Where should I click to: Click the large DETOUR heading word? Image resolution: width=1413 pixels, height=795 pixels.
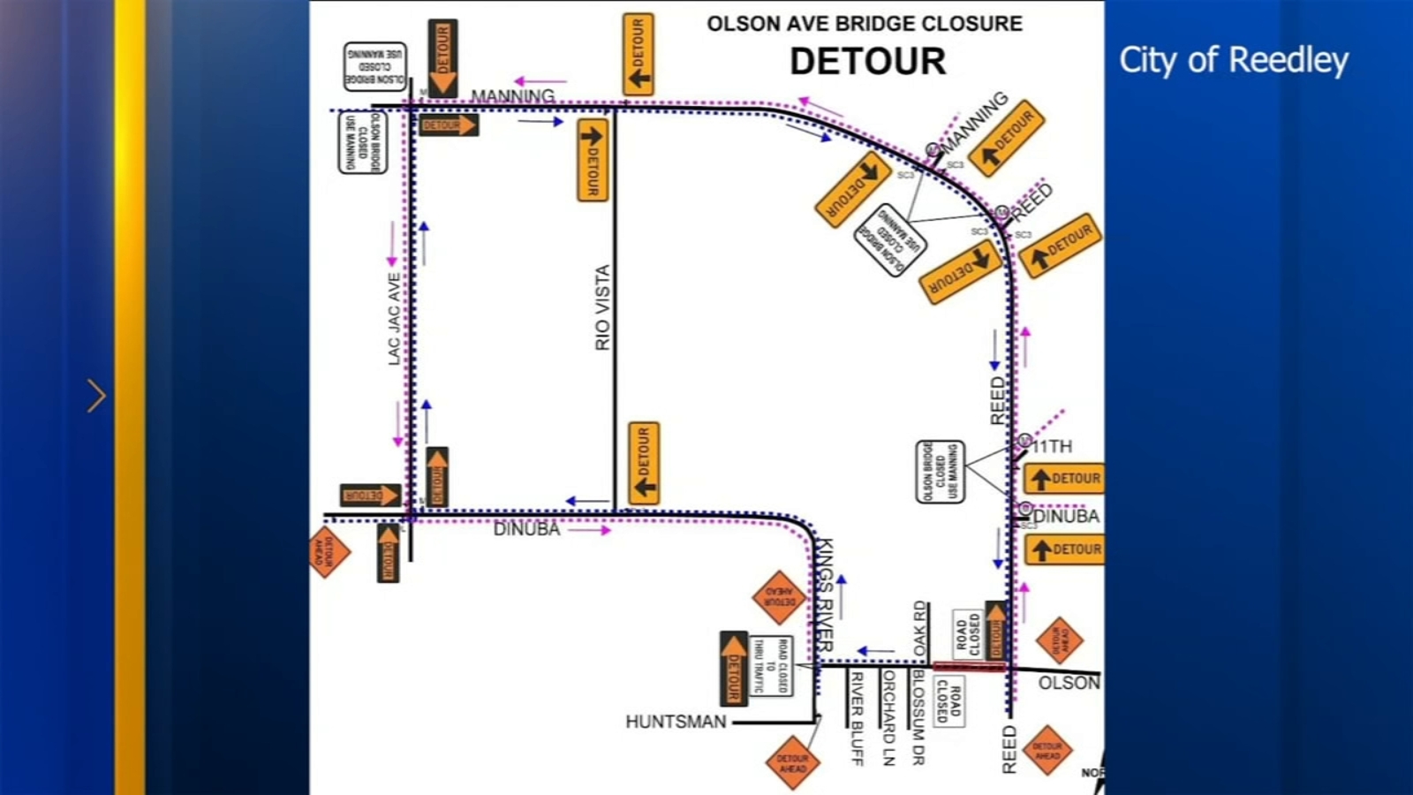[x=867, y=62]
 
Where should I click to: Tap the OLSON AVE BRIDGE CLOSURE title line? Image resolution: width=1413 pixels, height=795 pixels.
[x=864, y=24]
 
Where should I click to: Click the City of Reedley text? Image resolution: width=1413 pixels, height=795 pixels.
[x=1233, y=60]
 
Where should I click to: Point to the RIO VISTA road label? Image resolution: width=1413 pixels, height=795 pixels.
[x=602, y=307]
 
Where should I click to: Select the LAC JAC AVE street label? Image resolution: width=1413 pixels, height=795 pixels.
[x=394, y=318]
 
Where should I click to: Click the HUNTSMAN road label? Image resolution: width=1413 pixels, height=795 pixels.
[x=676, y=722]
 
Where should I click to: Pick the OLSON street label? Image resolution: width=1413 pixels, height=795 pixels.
[x=1069, y=683]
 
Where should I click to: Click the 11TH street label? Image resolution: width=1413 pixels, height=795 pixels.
[x=1052, y=447]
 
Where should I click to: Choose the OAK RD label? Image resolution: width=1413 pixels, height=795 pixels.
[x=920, y=628]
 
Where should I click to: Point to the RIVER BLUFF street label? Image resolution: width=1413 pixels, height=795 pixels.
[x=856, y=717]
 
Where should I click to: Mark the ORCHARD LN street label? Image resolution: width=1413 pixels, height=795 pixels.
[x=888, y=717]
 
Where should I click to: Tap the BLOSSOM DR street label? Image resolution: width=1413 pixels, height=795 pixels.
[x=918, y=717]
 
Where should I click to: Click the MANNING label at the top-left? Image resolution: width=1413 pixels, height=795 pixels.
[x=512, y=95]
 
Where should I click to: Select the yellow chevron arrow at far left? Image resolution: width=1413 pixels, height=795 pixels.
[x=96, y=396]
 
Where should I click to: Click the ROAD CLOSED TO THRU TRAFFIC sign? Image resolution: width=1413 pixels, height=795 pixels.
[x=770, y=665]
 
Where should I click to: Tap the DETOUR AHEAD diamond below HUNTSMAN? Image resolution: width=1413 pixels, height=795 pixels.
[x=792, y=763]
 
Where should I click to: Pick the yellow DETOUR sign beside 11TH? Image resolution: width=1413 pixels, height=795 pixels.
[x=1064, y=479]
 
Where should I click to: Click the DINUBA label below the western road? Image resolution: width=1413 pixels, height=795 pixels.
[x=526, y=529]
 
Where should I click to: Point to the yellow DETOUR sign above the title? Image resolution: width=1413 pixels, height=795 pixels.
[x=638, y=54]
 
